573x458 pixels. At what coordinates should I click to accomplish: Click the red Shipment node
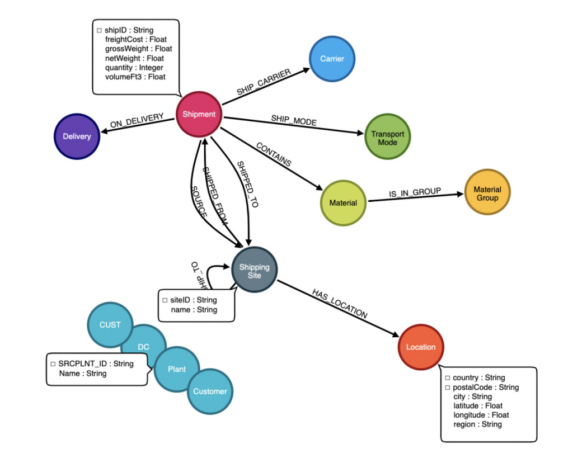pyautogui.click(x=199, y=114)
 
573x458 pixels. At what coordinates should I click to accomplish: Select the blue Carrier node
pyautogui.click(x=332, y=59)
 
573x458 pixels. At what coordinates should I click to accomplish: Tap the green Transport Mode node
pyautogui.click(x=387, y=138)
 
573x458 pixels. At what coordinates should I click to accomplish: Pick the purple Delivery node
pyautogui.click(x=77, y=136)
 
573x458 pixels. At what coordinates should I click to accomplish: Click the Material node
pyautogui.click(x=343, y=202)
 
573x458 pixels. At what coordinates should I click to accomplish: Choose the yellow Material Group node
pyautogui.click(x=487, y=193)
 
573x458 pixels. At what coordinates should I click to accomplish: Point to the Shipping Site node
pyautogui.click(x=254, y=271)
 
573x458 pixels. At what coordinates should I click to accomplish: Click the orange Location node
pyautogui.click(x=420, y=347)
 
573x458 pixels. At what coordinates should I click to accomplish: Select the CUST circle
pyautogui.click(x=110, y=324)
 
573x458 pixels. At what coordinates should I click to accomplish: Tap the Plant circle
pyautogui.click(x=177, y=369)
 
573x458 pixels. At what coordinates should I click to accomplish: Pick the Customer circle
pyautogui.click(x=210, y=391)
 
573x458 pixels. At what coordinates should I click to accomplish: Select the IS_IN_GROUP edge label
pyautogui.click(x=415, y=192)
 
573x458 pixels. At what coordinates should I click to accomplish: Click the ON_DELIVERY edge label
pyautogui.click(x=137, y=121)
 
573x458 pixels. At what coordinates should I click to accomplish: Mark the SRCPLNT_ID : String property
pyautogui.click(x=96, y=363)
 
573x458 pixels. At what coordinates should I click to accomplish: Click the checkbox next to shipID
pyautogui.click(x=99, y=31)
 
